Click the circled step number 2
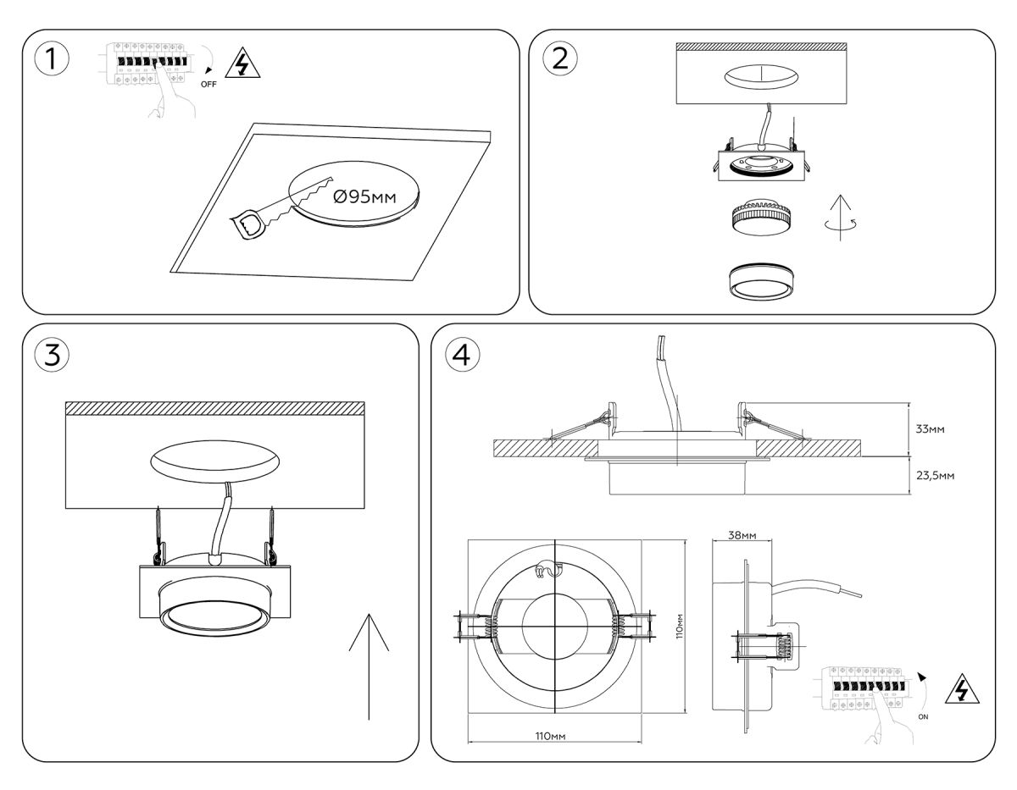coord(559,58)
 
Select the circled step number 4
coord(462,356)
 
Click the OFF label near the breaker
coord(208,85)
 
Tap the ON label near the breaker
coord(923,716)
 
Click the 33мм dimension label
coord(930,429)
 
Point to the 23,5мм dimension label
coord(936,476)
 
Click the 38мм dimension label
coord(742,536)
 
